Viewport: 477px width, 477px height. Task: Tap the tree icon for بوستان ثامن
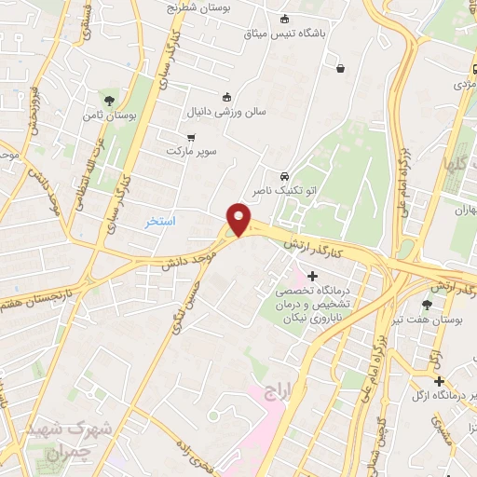click(x=110, y=100)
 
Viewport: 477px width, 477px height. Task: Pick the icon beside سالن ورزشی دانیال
click(x=225, y=97)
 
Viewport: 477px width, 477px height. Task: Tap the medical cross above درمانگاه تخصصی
click(x=311, y=276)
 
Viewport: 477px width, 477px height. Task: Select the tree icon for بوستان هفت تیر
click(x=428, y=305)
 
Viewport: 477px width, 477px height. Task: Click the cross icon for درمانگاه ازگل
click(x=438, y=381)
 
